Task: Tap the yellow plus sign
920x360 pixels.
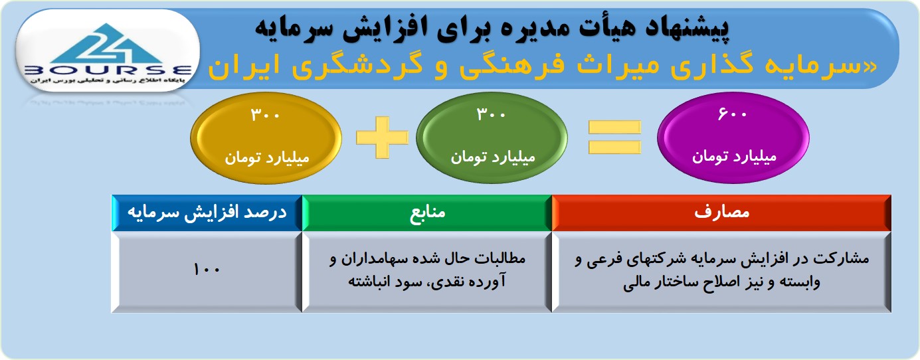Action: point(382,137)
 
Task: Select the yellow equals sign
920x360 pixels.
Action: point(614,137)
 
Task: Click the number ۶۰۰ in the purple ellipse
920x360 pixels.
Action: point(732,114)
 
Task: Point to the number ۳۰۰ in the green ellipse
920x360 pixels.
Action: point(491,114)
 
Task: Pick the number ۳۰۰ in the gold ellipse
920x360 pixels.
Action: point(265,114)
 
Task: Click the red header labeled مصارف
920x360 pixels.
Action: point(721,213)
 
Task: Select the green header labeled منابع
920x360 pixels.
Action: point(426,213)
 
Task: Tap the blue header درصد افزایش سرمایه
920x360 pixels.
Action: point(207,213)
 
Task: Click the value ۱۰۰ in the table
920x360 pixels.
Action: point(207,270)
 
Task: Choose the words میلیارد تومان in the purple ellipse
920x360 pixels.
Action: point(734,156)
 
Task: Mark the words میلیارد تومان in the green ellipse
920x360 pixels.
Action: point(493,157)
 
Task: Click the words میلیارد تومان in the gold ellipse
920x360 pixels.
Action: point(266,157)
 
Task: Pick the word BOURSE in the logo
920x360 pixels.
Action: point(108,70)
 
